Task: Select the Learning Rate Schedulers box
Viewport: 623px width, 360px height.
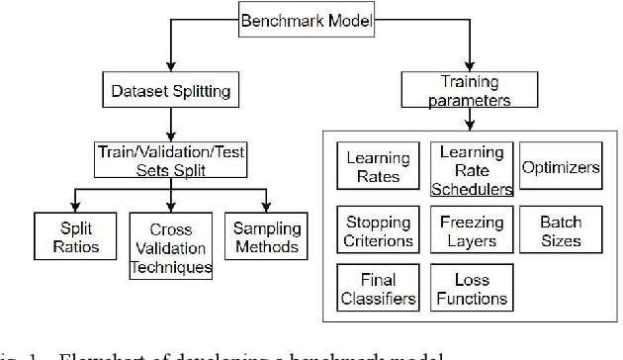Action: click(x=472, y=169)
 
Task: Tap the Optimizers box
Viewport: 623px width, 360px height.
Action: click(x=561, y=168)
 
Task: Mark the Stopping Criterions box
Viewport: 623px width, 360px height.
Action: click(x=376, y=230)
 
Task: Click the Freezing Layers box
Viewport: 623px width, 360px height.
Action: click(x=472, y=230)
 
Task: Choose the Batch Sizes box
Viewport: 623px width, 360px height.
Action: click(x=561, y=230)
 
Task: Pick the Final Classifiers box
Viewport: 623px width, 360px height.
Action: click(x=376, y=290)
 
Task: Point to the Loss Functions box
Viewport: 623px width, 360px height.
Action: click(x=472, y=290)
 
